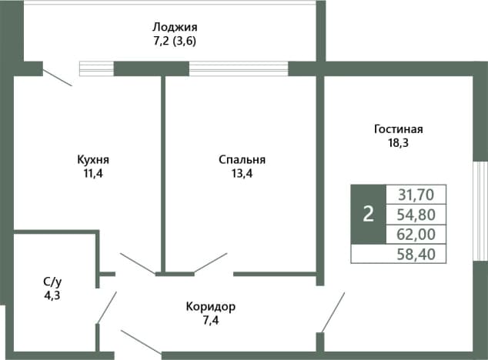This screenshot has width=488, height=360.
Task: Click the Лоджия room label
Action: tap(175, 28)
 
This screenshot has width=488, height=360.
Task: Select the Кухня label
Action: tap(93, 160)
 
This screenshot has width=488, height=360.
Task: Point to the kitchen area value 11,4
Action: tap(92, 174)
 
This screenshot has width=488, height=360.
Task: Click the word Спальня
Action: tap(242, 160)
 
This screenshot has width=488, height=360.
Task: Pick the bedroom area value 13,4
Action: tap(242, 174)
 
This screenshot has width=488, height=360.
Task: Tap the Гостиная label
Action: tap(399, 128)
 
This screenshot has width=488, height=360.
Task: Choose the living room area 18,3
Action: tap(398, 143)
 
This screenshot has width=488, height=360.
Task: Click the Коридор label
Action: tap(211, 307)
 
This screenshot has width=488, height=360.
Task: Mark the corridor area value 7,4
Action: tap(211, 321)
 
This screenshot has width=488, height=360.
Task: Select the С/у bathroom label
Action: tap(52, 282)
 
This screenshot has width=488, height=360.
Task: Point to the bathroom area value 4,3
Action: tap(52, 295)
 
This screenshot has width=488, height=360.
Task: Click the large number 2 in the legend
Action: tap(369, 215)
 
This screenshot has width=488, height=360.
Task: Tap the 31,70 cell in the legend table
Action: tap(416, 195)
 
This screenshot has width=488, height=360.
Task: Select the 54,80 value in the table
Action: tap(416, 215)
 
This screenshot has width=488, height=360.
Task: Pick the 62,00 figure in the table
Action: tap(416, 235)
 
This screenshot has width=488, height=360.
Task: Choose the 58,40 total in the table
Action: tap(416, 254)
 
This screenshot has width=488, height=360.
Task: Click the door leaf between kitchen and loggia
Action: tap(58, 78)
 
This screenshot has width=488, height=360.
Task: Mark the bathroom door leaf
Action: tap(107, 308)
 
